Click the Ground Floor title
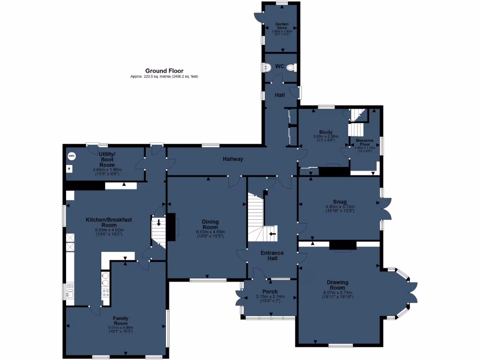point(164,71)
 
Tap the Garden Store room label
point(281,26)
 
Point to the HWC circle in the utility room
point(72,156)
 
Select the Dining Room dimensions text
point(207,234)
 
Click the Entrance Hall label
point(272,255)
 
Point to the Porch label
point(270,292)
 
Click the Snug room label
point(340,202)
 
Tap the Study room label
point(325,132)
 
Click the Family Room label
point(121,321)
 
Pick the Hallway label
point(233,159)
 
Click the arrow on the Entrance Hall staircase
point(272,233)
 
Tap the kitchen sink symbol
point(70,293)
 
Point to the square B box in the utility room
point(70,168)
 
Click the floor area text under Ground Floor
point(164,76)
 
